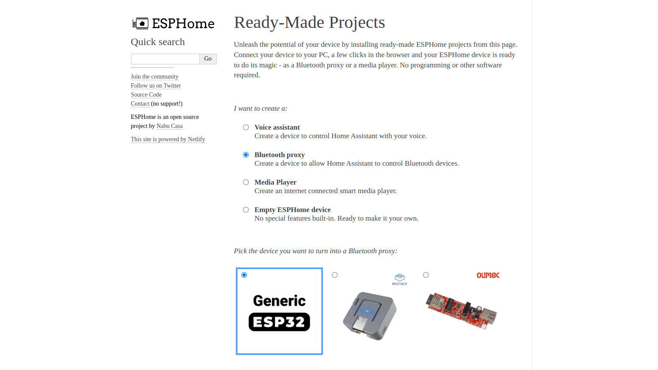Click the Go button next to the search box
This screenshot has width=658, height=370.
pos(208,59)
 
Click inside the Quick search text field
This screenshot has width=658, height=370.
pos(165,59)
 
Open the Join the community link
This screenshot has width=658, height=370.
pos(155,77)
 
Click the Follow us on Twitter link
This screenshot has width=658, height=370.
pos(155,86)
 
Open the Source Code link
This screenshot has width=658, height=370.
pos(146,94)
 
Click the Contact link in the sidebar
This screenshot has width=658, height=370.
pos(140,103)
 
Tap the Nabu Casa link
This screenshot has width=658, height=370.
pos(170,126)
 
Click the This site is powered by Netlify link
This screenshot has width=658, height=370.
pos(168,139)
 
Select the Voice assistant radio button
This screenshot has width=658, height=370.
pos(246,127)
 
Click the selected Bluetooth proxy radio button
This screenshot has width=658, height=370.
pos(246,155)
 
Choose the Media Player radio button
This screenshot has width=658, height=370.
pos(246,182)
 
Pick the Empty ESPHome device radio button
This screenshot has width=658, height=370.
pos(246,209)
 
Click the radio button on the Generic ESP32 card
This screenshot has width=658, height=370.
pos(244,275)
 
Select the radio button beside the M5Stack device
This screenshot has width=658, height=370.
pos(335,275)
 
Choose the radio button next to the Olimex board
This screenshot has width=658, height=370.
pos(426,275)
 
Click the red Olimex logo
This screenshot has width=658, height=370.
pos(488,275)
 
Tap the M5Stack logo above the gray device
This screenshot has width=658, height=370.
pos(400,279)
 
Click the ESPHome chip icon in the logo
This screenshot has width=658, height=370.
pos(140,24)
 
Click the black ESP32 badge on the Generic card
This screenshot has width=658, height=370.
pos(279,322)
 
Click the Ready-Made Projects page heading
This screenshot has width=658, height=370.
pos(309,22)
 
